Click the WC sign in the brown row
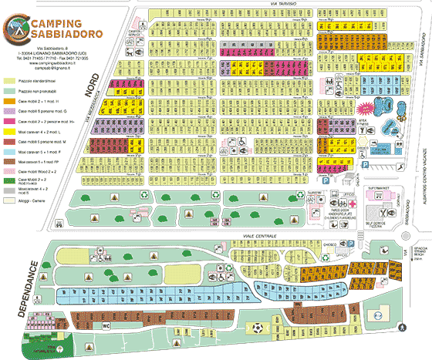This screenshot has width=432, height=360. click(x=106, y=326)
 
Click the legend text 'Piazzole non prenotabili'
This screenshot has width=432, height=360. click(x=46, y=91)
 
